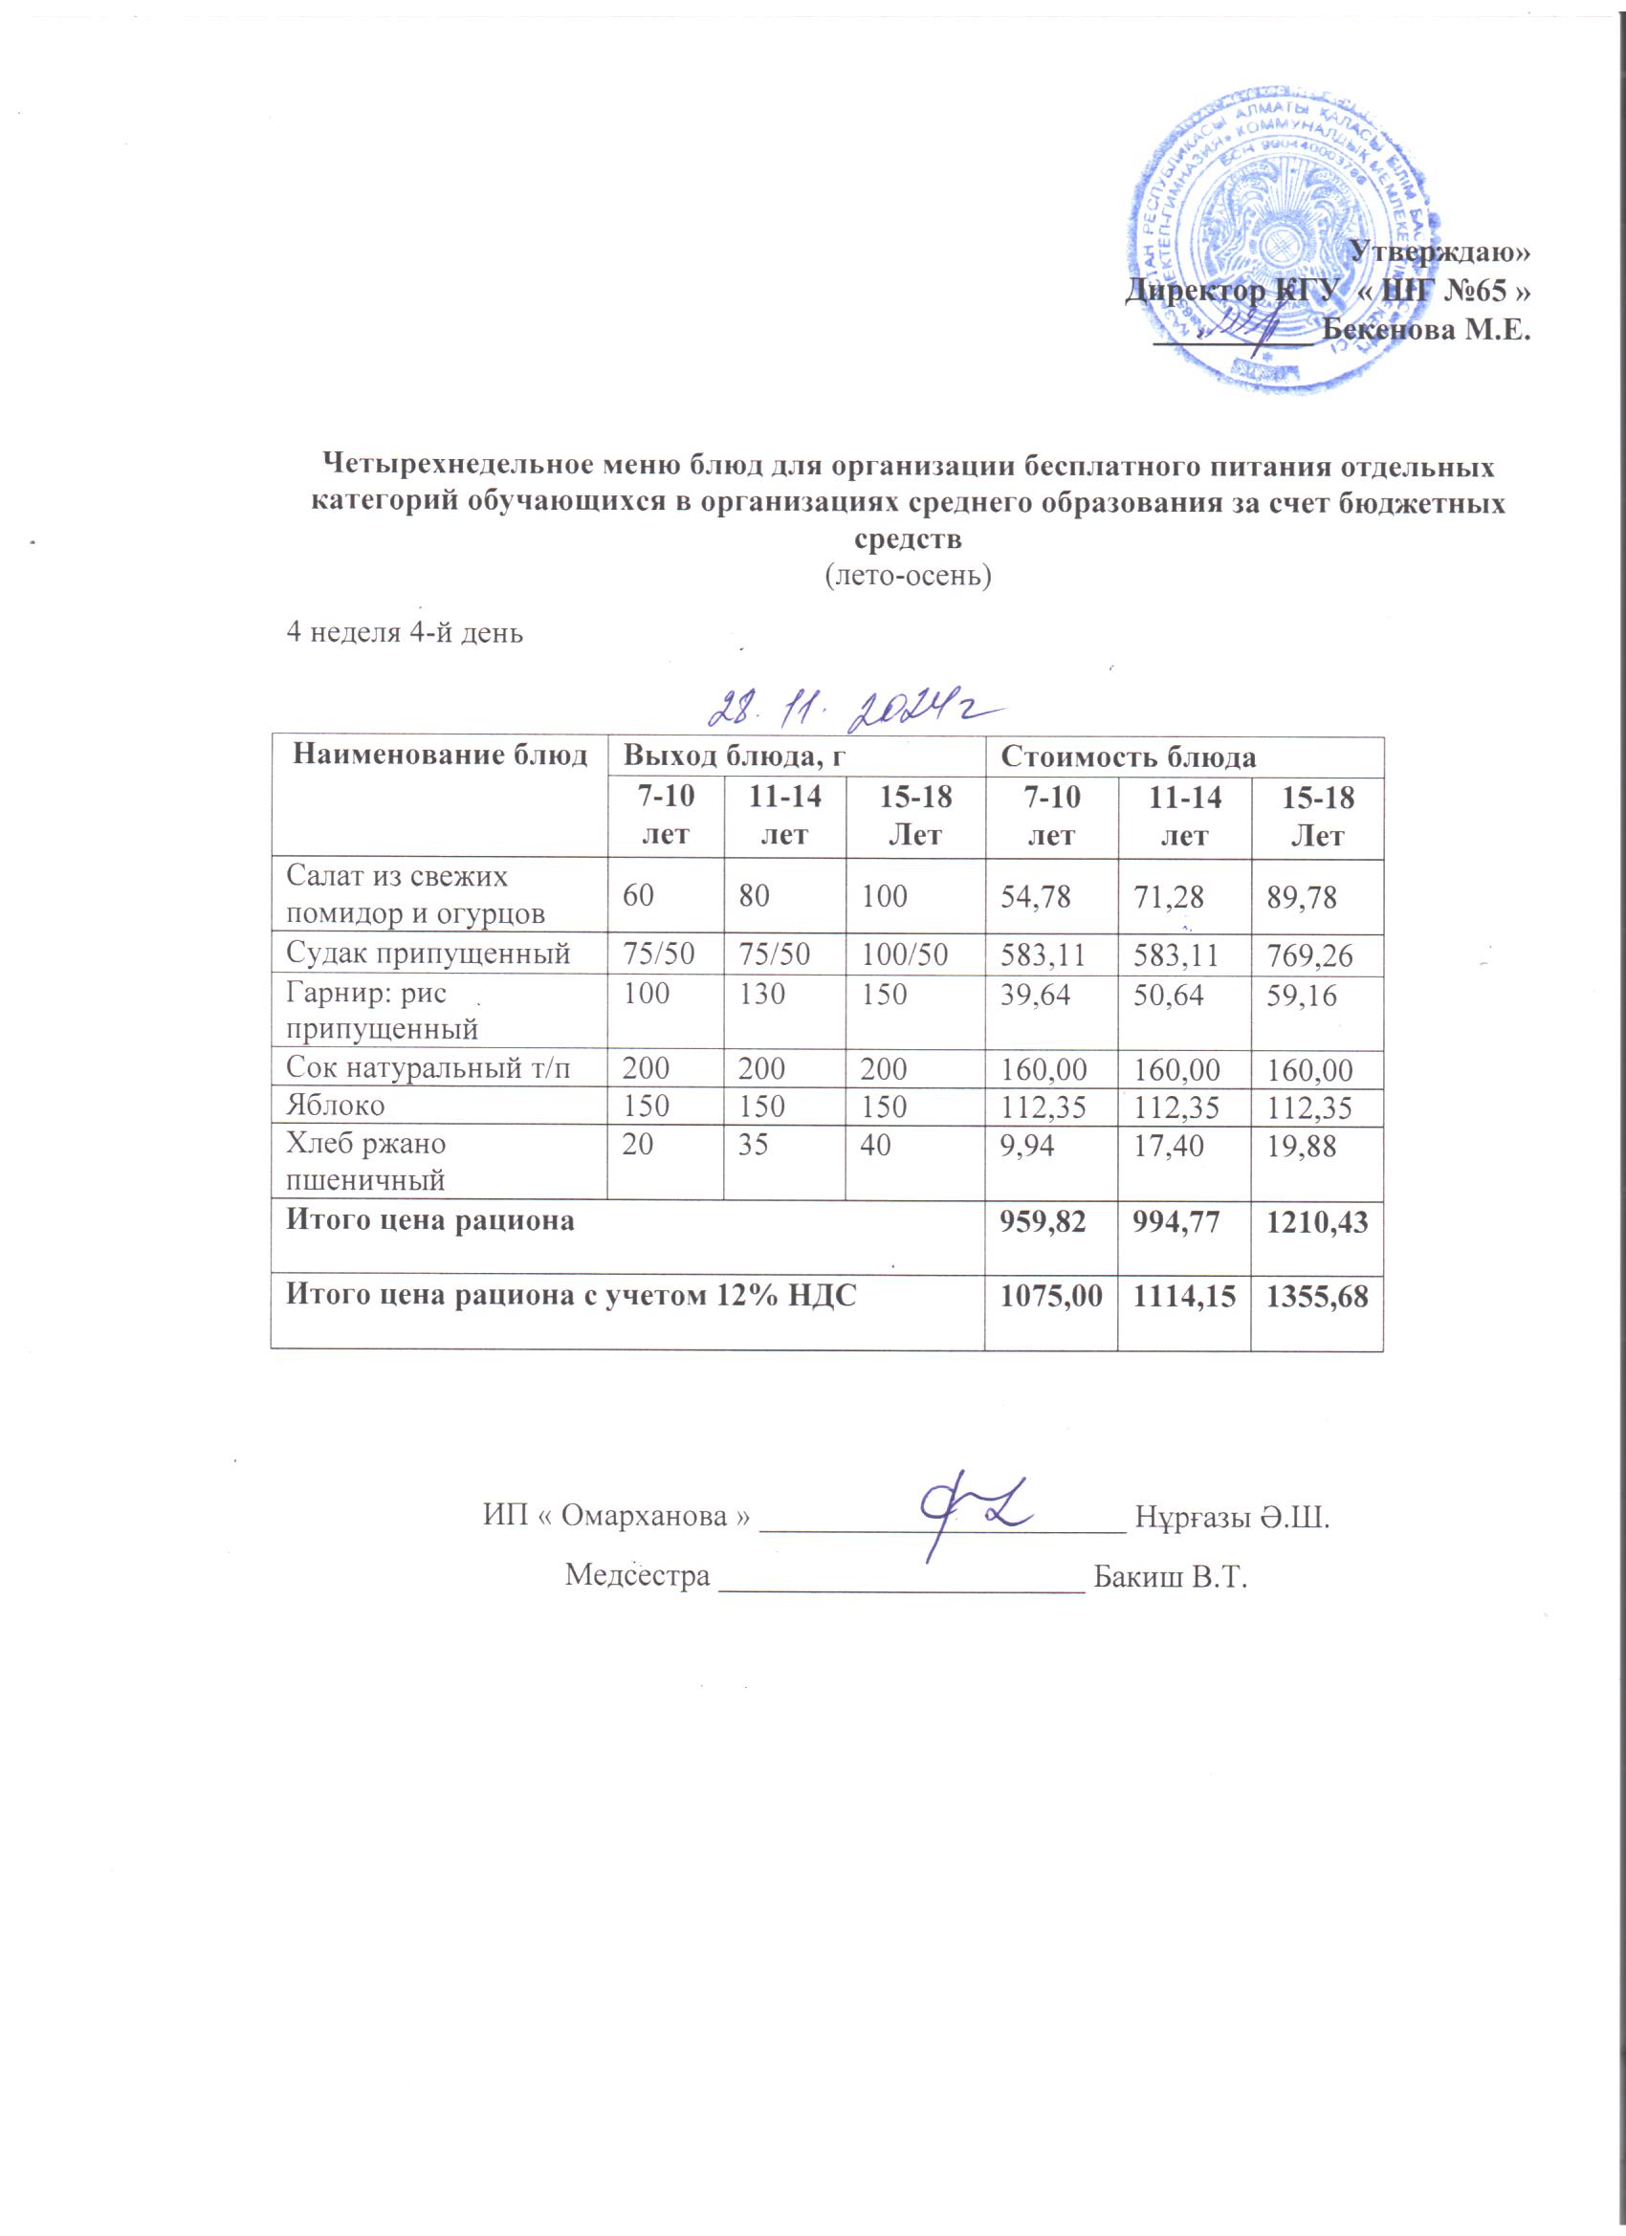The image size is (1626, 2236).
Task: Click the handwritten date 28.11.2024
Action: [854, 710]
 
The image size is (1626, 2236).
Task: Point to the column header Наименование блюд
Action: [440, 756]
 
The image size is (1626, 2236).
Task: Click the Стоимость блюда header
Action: [1128, 757]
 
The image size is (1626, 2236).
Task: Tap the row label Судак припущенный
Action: [428, 954]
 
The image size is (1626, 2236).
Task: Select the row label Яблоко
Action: [336, 1106]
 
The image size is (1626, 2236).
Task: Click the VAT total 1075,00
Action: [1048, 1297]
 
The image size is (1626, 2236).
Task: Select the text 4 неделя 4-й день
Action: [405, 633]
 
